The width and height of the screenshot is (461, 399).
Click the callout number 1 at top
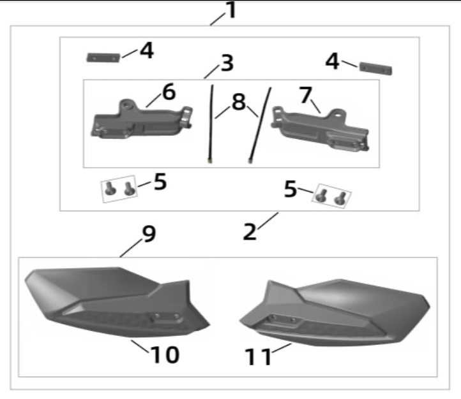coord(231,10)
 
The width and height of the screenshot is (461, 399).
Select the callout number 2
coord(250,231)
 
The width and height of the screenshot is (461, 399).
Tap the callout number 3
coord(227,63)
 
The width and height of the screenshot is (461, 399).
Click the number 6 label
coord(169,92)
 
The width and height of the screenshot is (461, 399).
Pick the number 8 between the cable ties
coord(238,102)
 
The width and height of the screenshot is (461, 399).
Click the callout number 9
coord(149,234)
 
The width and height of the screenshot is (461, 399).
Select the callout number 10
coord(164,354)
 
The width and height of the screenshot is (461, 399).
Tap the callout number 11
coord(259,357)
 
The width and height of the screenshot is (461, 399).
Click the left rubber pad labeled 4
coord(103,58)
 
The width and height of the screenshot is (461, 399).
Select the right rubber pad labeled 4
coord(375,68)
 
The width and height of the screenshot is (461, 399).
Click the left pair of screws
coord(119,187)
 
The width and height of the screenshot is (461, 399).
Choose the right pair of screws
coord(331,196)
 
